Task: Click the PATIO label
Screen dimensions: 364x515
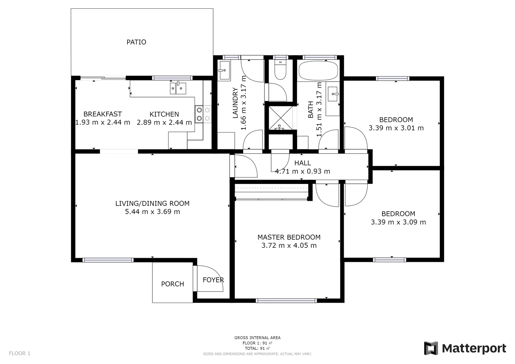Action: click(x=136, y=42)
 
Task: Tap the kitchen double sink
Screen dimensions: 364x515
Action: click(x=178, y=88)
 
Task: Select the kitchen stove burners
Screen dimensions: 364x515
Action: click(x=203, y=114)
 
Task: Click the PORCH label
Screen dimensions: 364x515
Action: click(x=172, y=284)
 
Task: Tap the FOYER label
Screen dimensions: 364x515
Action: click(x=213, y=280)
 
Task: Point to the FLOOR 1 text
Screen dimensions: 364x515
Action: click(x=20, y=353)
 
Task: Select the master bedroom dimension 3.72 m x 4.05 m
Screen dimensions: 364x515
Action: click(x=289, y=246)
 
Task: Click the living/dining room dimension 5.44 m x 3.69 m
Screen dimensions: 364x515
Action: click(x=152, y=212)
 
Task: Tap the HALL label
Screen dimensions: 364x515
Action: click(x=303, y=163)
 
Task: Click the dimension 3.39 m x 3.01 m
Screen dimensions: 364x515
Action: click(x=396, y=128)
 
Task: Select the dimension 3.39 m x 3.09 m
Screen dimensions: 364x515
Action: click(x=398, y=222)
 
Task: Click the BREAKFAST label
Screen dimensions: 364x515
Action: click(x=103, y=114)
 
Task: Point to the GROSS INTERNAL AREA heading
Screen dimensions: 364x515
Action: click(x=257, y=338)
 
